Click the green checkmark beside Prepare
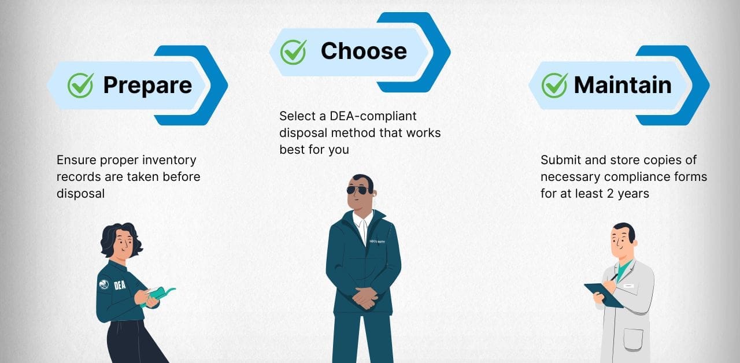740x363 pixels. click(80, 86)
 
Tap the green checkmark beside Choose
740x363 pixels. click(293, 51)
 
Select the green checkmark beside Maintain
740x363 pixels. click(554, 86)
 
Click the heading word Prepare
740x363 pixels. click(147, 86)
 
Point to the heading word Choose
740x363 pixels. click(364, 51)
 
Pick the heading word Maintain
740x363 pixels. click(623, 86)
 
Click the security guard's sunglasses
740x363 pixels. click(357, 190)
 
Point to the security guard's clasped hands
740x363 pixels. click(364, 297)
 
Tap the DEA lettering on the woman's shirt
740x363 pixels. click(120, 285)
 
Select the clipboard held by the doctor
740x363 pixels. click(603, 294)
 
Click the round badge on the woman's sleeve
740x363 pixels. click(103, 284)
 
